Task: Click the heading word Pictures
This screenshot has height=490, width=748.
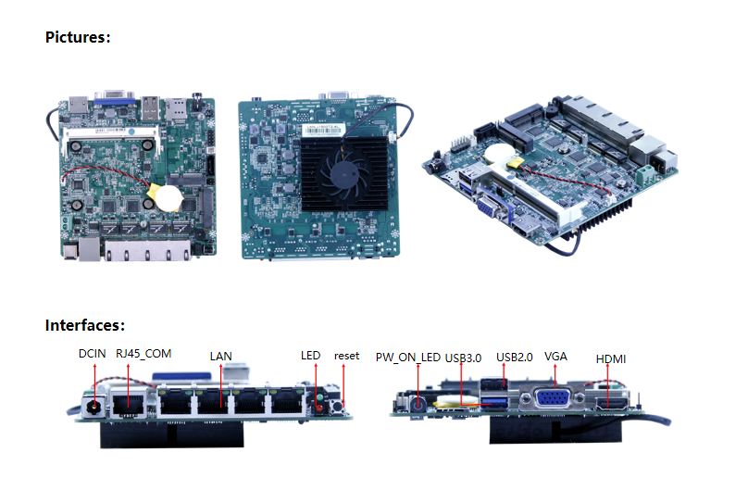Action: pos(77,37)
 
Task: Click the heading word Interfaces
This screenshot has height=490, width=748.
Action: pos(85,325)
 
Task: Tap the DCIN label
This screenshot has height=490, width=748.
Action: pos(92,354)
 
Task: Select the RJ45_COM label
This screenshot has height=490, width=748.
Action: pos(143,354)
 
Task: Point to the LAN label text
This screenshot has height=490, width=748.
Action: pos(221,357)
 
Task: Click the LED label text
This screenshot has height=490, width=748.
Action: pos(310,356)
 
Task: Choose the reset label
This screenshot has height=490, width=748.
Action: pos(347,356)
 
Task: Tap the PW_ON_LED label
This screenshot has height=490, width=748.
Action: pos(408,358)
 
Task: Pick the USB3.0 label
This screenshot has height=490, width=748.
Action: pos(463,358)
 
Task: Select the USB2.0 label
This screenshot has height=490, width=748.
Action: pos(515,358)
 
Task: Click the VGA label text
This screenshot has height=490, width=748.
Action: pos(555,357)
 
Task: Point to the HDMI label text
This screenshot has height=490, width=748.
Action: pos(611,358)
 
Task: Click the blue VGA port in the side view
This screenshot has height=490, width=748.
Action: pos(553,398)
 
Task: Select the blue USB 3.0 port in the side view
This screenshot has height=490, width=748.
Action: pos(493,402)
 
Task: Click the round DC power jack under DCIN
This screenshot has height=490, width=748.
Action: pos(94,407)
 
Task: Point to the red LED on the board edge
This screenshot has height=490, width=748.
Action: pos(318,408)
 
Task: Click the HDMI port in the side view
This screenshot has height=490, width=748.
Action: pos(612,405)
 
